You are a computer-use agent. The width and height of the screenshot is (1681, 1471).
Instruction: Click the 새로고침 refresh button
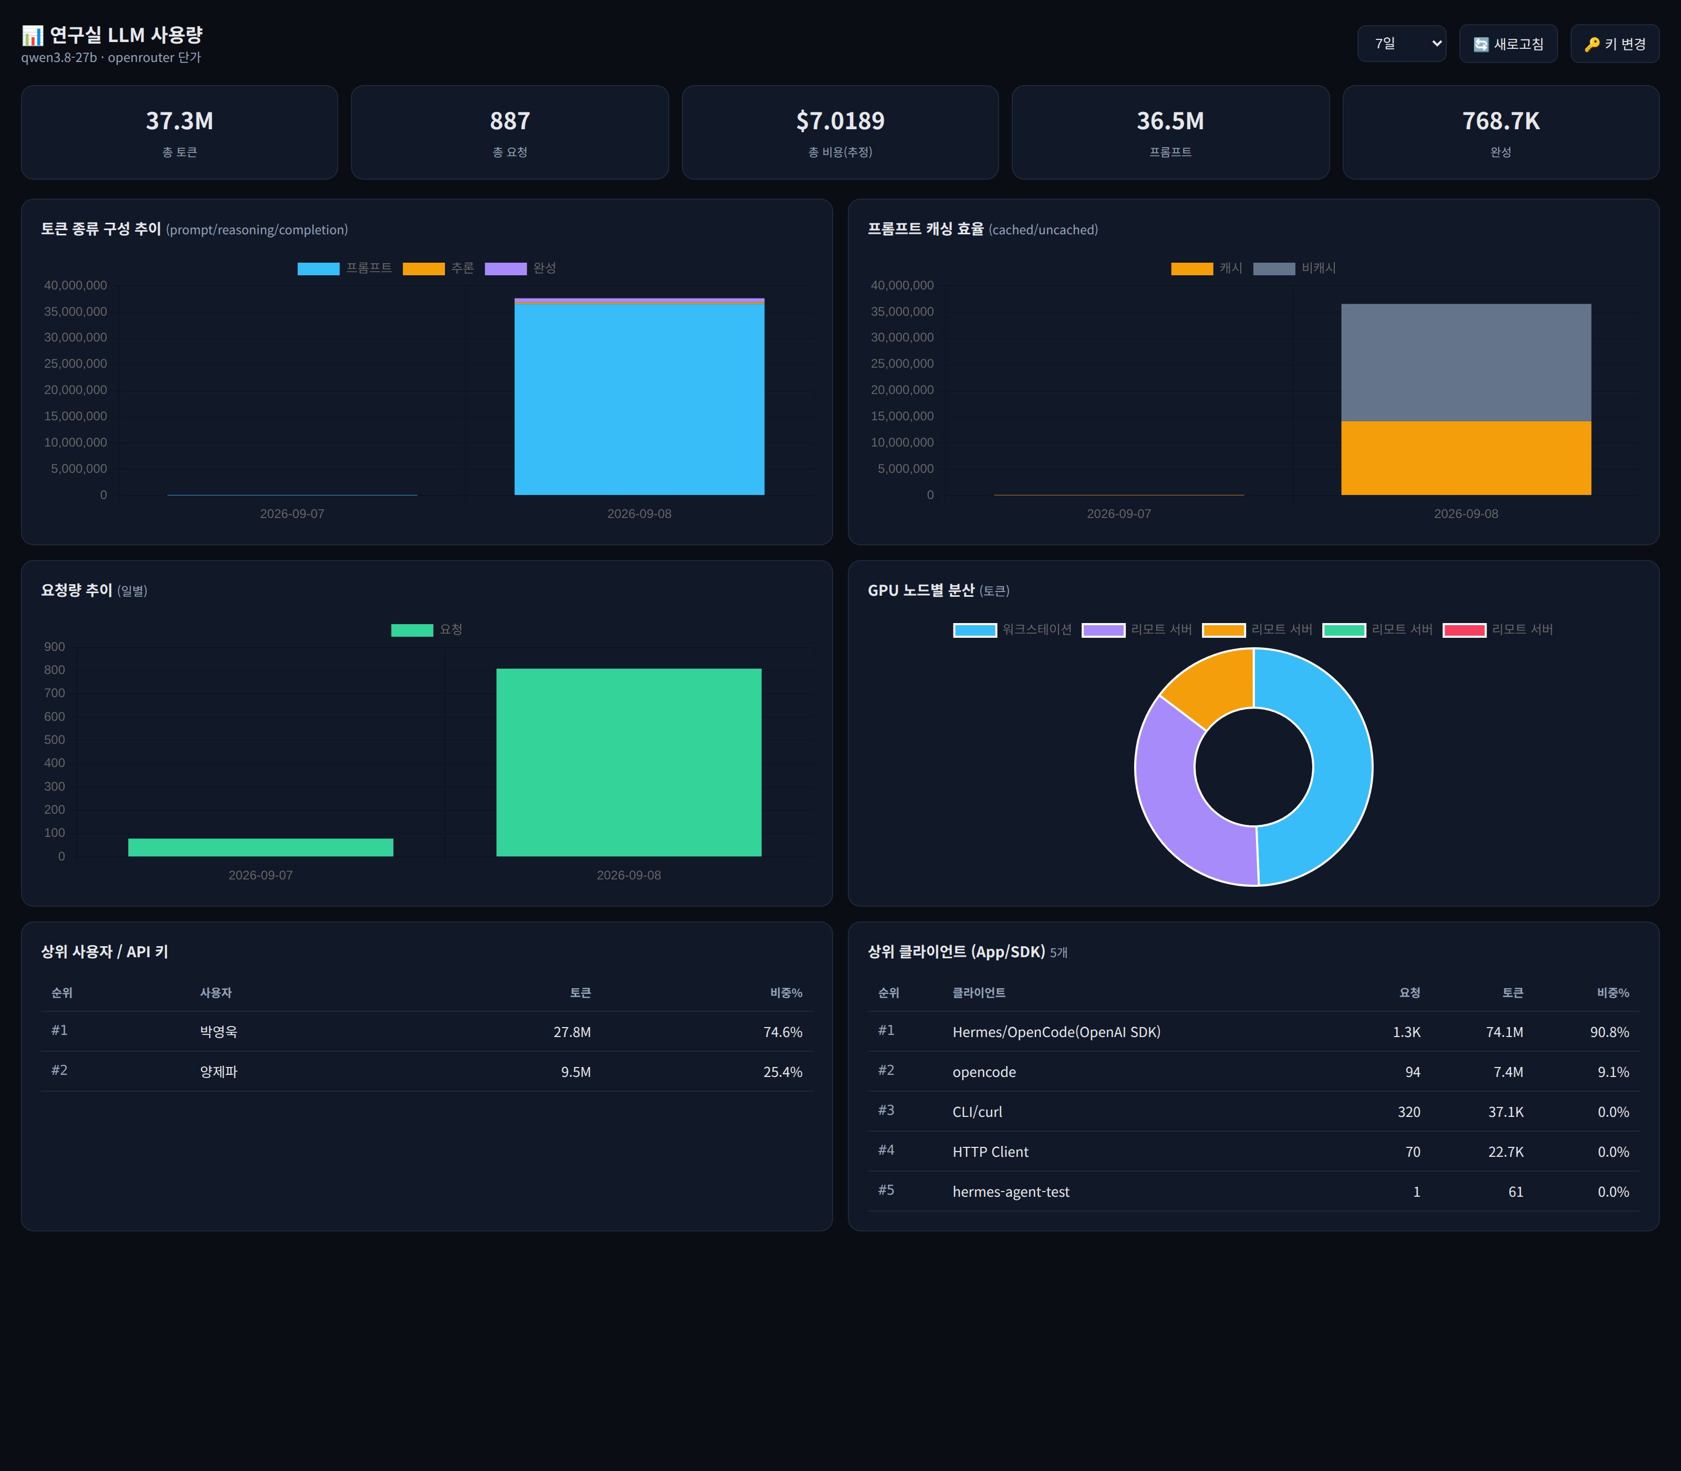pyautogui.click(x=1508, y=44)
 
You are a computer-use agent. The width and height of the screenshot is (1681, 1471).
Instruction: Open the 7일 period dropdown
pyautogui.click(x=1401, y=44)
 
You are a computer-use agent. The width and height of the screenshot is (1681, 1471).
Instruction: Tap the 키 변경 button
pyautogui.click(x=1614, y=44)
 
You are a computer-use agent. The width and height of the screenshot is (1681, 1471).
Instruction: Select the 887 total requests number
pyautogui.click(x=510, y=121)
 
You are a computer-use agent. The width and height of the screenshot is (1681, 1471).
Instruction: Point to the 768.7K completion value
pyautogui.click(x=1500, y=121)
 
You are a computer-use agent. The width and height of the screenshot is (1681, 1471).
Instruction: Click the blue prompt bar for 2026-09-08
pyautogui.click(x=639, y=400)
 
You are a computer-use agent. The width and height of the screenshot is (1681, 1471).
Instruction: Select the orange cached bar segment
pyautogui.click(x=1466, y=458)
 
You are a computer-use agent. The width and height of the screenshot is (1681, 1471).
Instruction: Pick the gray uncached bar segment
pyautogui.click(x=1466, y=363)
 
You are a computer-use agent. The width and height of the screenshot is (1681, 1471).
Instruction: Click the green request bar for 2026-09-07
pyautogui.click(x=260, y=847)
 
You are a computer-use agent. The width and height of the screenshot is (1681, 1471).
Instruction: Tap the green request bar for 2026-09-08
pyautogui.click(x=629, y=763)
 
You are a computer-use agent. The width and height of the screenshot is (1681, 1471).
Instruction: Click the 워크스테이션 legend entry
pyautogui.click(x=1013, y=629)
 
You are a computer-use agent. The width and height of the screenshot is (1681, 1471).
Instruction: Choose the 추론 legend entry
pyautogui.click(x=438, y=268)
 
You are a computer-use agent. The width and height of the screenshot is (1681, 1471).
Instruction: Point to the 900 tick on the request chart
pyautogui.click(x=54, y=647)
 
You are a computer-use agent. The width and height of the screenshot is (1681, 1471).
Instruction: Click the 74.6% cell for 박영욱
pyautogui.click(x=782, y=1032)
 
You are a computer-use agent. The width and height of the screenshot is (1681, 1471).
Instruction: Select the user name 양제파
pyautogui.click(x=219, y=1072)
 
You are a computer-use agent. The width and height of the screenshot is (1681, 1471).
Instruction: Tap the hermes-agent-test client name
pyautogui.click(x=1010, y=1192)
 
